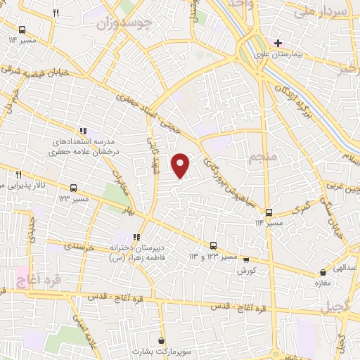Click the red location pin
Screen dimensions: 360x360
click(181, 165)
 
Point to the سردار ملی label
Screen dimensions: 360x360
click(321, 11)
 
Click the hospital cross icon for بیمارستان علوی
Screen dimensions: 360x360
click(278, 43)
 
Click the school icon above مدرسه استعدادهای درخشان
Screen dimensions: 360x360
click(82, 131)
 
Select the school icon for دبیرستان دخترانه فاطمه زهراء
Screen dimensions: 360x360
click(136, 237)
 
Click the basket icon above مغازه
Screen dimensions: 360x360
click(323, 272)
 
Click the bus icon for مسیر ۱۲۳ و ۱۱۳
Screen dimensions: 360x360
click(213, 245)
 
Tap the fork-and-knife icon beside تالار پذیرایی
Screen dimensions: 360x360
click(19, 174)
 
